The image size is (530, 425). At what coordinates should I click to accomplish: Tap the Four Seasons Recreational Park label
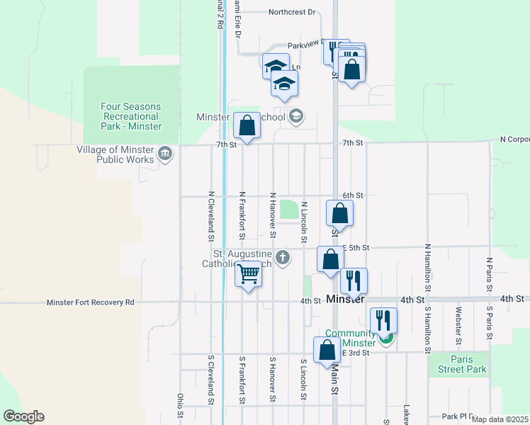click(131, 116)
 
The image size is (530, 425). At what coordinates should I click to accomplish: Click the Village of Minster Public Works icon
click(165, 153)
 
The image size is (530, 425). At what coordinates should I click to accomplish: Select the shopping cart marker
click(248, 273)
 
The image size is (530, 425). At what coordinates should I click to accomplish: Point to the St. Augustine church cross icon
click(283, 257)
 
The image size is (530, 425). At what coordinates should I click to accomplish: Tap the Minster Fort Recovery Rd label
click(90, 302)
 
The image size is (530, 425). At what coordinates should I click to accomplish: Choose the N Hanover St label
click(272, 214)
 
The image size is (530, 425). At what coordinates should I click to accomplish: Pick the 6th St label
click(352, 195)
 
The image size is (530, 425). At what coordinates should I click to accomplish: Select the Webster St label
click(459, 322)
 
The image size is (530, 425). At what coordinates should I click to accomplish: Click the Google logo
click(23, 416)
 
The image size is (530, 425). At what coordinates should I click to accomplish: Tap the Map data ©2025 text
click(500, 419)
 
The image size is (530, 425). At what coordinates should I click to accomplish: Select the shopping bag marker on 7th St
click(247, 127)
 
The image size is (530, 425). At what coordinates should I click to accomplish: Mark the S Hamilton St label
click(427, 326)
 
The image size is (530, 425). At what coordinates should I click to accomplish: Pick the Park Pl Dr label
click(457, 416)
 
